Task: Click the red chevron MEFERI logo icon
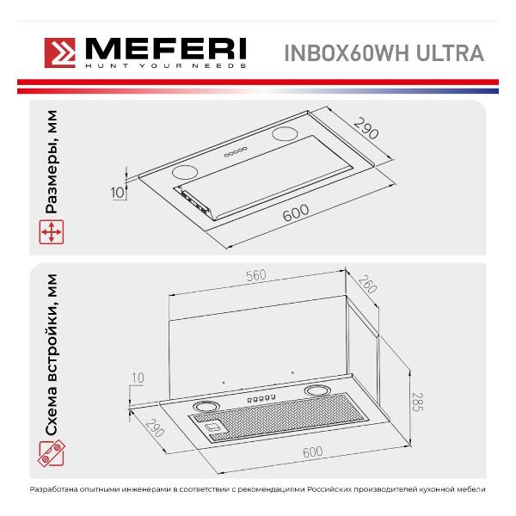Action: coord(60,53)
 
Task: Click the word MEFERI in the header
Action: coord(165,49)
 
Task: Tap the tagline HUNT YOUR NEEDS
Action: coord(165,66)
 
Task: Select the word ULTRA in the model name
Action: coord(450,53)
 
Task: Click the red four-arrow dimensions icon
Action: coord(52,232)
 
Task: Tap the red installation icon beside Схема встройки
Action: coord(52,454)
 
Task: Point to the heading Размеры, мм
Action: coord(51,162)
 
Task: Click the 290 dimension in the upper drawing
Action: coord(366,128)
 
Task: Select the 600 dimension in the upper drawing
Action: coord(296,213)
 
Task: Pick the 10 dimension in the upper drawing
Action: coord(118,193)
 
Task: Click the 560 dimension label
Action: coord(256,275)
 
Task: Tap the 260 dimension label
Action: coord(367,285)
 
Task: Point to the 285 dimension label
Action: coord(417,402)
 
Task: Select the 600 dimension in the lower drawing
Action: coord(313,451)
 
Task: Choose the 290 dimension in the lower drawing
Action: coord(155,427)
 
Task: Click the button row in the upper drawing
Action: coord(236,151)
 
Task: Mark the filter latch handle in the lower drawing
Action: coord(214,427)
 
